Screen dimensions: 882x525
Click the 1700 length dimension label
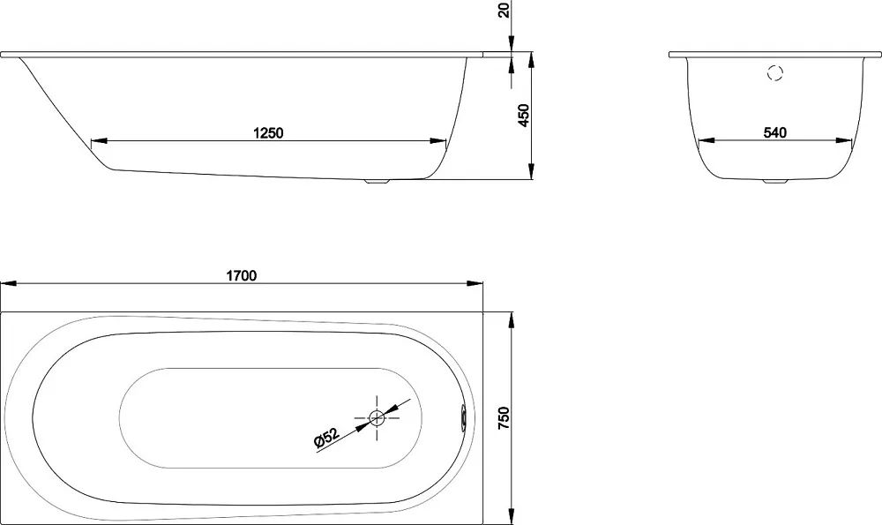point(242,275)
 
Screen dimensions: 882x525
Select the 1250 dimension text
point(268,133)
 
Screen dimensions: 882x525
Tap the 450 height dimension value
point(524,116)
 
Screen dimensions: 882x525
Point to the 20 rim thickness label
point(505,10)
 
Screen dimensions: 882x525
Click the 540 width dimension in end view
point(775,133)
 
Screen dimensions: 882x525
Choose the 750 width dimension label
point(504,418)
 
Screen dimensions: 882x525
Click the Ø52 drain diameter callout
point(326,439)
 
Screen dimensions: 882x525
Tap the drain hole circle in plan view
point(377,417)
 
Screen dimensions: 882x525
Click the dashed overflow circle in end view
point(775,72)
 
